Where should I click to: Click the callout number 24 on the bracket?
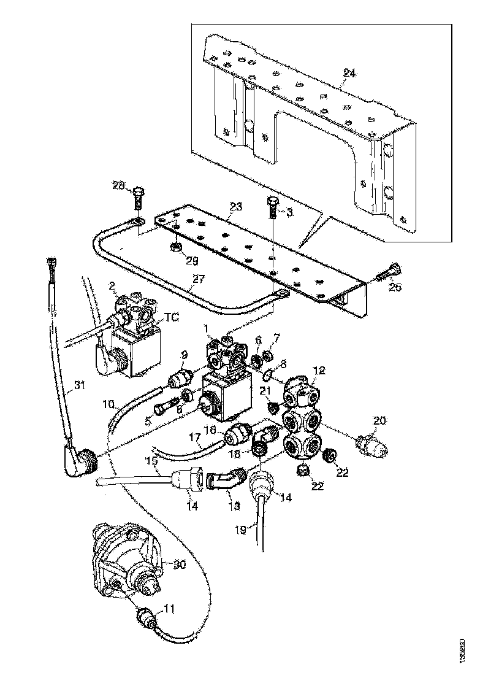pos(348,74)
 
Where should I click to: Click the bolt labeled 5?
pos(164,406)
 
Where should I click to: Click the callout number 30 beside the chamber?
pos(179,565)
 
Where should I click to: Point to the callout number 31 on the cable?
pos(78,385)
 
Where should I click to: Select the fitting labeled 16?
pos(236,436)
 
